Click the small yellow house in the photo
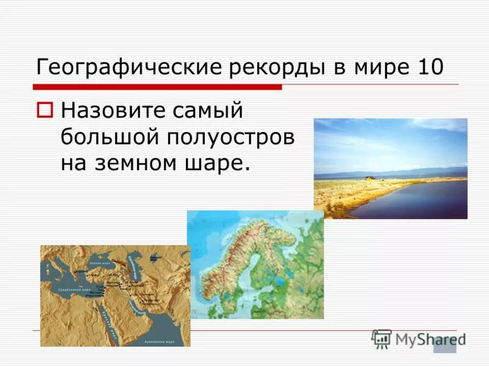[369, 177]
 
